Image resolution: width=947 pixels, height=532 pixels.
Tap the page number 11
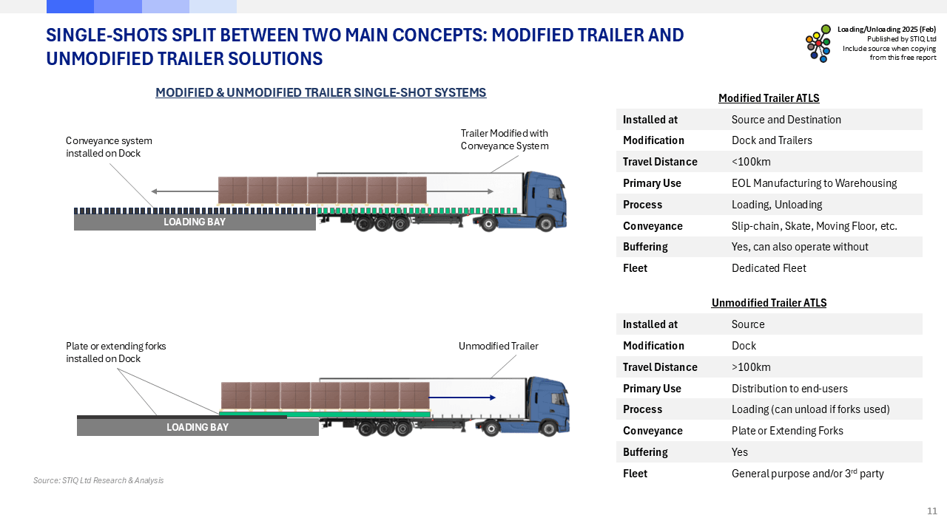tap(932, 511)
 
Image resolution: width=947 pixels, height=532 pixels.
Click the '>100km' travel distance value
tap(751, 367)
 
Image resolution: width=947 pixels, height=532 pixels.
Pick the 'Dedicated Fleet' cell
tap(769, 268)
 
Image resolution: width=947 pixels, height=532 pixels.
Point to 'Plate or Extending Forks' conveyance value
tap(787, 431)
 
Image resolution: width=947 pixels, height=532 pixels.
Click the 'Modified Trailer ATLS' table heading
tap(769, 98)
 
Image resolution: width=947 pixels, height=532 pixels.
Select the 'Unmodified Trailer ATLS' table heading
tap(769, 303)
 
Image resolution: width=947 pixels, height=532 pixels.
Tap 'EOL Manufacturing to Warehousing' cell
tap(814, 183)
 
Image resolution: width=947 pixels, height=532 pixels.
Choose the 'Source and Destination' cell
tap(786, 120)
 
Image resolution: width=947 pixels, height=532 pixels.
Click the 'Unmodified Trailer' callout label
tap(498, 347)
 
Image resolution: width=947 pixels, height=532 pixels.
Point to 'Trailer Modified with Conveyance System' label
tap(505, 140)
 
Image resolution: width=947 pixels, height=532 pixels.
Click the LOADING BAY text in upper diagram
tap(195, 222)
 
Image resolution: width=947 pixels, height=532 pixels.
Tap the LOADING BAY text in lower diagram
tap(198, 427)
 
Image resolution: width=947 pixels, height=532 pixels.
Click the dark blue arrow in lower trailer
tap(462, 398)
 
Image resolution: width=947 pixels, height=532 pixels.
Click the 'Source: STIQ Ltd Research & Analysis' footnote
tap(98, 480)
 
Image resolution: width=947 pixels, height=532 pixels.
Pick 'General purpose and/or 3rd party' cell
tap(807, 474)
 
